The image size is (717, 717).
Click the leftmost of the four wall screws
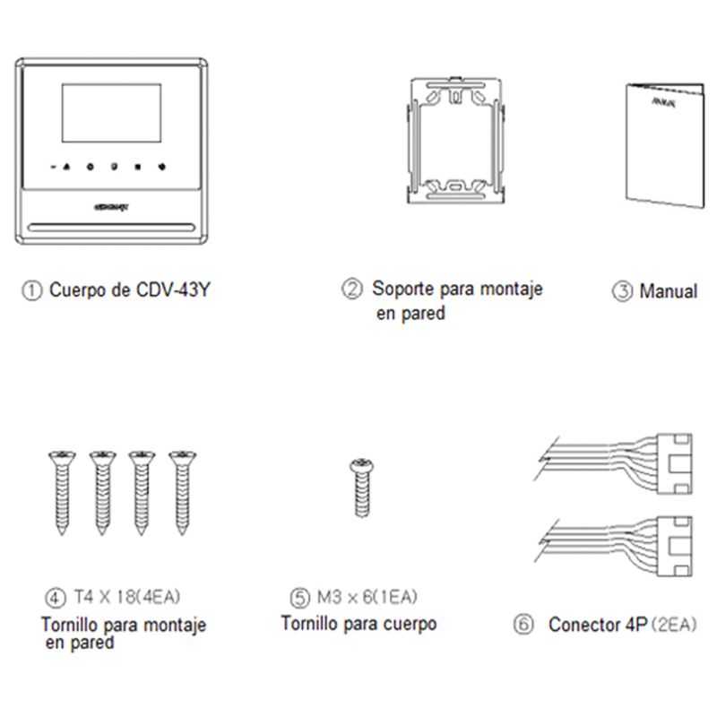(x=60, y=491)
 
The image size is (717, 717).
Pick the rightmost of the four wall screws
(x=182, y=491)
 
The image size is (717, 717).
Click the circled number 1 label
(x=31, y=290)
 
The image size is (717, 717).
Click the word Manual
(x=668, y=291)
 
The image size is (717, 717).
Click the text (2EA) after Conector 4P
(x=674, y=623)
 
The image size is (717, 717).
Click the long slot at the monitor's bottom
(x=112, y=225)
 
